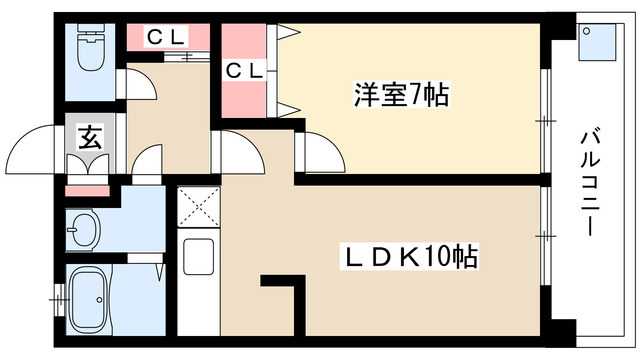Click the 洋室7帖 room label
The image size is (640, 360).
coord(400,96)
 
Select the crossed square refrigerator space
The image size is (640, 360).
coord(198,209)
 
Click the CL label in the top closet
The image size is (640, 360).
coord(167,37)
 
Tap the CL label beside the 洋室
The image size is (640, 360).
coord(244,71)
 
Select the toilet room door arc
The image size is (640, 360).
coord(141,84)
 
